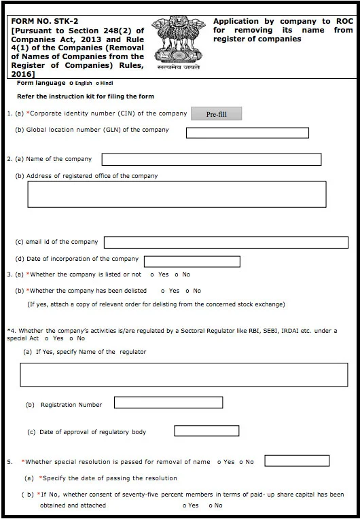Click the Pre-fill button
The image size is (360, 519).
tap(216, 114)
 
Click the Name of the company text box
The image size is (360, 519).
tap(211, 160)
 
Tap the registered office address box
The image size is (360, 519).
tap(177, 194)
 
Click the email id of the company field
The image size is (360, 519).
tap(226, 243)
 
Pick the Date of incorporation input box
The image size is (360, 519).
tap(192, 262)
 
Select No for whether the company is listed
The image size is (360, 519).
tap(176, 274)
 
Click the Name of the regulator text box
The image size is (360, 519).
tap(184, 375)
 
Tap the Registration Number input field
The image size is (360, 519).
tap(168, 403)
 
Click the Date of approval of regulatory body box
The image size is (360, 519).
tap(206, 431)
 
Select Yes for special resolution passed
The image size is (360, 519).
tap(219, 462)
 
